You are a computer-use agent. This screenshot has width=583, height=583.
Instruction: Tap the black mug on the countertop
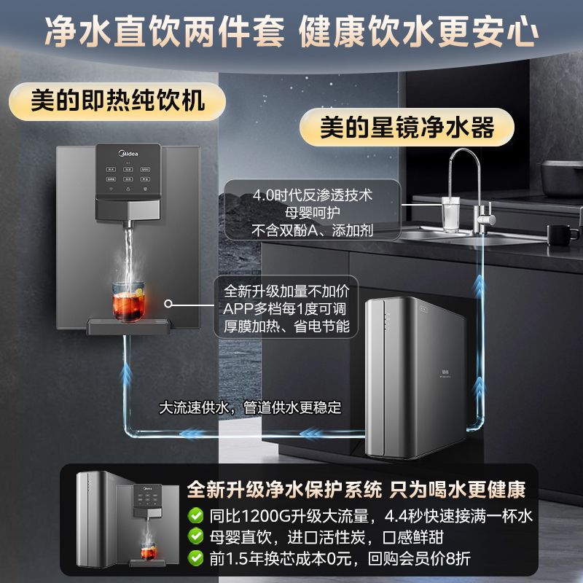[562, 235]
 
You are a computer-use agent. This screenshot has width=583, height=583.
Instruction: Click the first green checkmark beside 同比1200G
[195, 516]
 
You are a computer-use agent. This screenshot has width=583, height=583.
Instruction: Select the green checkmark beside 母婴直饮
[195, 537]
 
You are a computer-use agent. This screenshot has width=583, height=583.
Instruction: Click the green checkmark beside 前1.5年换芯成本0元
[195, 558]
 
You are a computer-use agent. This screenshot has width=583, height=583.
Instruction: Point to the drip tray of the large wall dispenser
[130, 325]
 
